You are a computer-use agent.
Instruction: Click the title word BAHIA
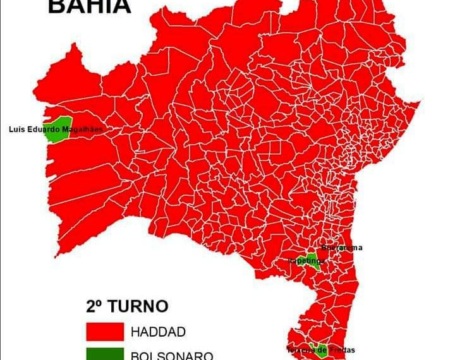click(90, 6)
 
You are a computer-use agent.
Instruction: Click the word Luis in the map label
click(18, 129)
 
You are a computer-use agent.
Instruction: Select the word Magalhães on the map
click(83, 129)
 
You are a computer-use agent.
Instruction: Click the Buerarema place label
click(342, 248)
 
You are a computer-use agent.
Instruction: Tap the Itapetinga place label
click(306, 260)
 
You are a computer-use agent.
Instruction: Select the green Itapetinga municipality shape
click(312, 260)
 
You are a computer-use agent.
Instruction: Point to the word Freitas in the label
click(342, 350)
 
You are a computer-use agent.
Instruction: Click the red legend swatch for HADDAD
click(104, 332)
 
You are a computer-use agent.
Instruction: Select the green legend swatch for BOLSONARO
click(104, 354)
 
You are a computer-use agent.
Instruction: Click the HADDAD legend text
click(159, 332)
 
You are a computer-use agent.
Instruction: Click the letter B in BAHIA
click(58, 6)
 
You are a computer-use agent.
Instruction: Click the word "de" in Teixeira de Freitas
click(324, 350)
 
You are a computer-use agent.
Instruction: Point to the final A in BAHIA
click(121, 6)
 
